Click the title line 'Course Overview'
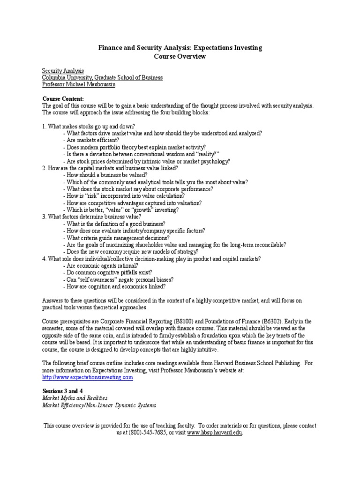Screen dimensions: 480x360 pos(180,56)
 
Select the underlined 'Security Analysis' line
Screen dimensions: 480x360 pos(63,71)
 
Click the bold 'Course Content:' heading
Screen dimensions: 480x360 pos(63,99)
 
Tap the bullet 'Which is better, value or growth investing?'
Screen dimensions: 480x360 pos(120,210)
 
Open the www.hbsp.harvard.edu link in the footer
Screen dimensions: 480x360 pos(215,433)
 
